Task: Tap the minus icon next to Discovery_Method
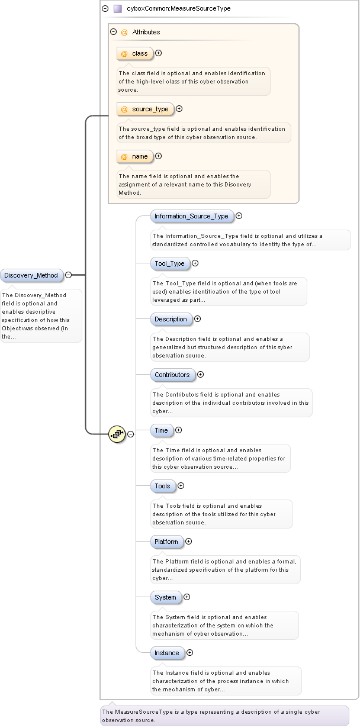pos(69,275)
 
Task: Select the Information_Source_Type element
pos(192,216)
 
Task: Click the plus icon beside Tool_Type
pos(195,263)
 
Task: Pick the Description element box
pos(171,319)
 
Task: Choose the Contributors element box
pos(172,375)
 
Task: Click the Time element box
pos(162,430)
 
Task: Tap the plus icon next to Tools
pos(181,486)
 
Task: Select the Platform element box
pos(166,542)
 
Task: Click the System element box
pos(166,597)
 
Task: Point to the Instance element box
pos(167,653)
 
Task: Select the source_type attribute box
pos(146,109)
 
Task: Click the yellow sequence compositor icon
pos(117,434)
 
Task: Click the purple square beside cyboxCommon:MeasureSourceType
pos(117,9)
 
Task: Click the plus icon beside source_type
pos(179,109)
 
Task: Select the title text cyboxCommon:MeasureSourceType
pos(179,9)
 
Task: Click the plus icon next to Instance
pos(190,653)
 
